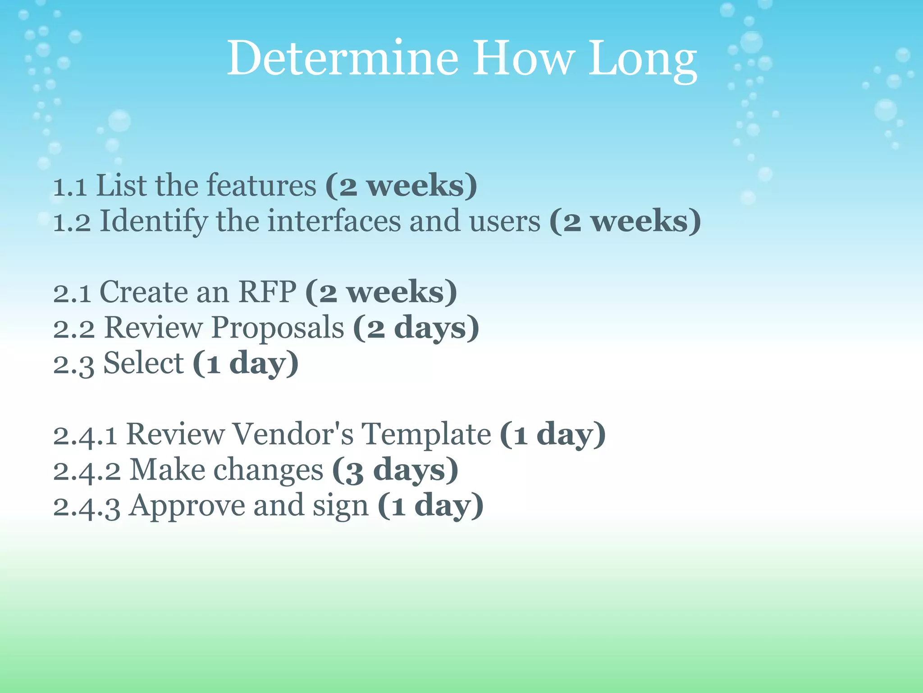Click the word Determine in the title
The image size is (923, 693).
click(343, 59)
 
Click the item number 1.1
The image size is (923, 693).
click(70, 186)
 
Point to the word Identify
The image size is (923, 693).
click(154, 222)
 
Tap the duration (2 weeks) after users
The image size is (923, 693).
click(625, 222)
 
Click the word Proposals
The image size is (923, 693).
click(278, 328)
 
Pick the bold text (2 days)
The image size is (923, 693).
click(416, 328)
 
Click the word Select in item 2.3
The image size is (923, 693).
click(143, 363)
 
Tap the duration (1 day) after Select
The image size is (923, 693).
click(246, 364)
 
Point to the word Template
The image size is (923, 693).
click(426, 434)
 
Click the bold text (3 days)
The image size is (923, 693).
click(395, 470)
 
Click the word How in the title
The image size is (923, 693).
click(523, 59)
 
